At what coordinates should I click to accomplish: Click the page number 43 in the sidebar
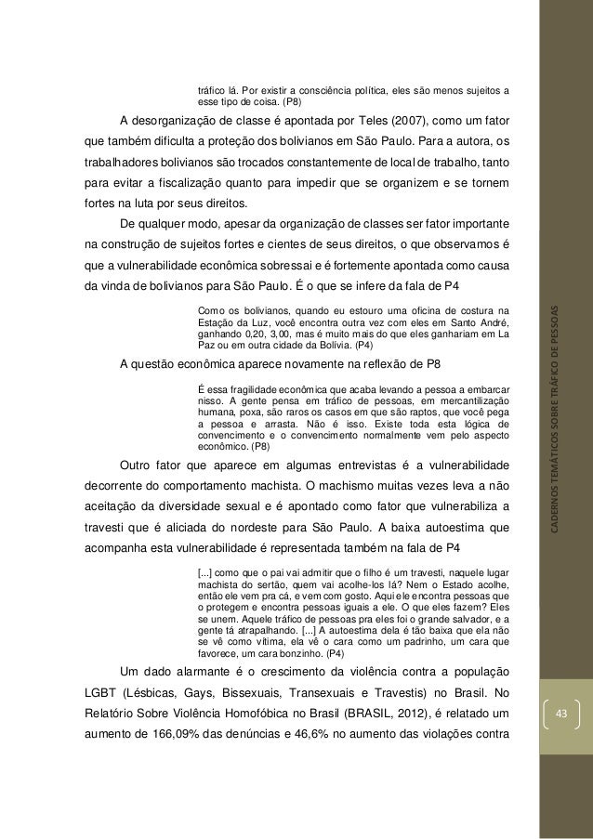point(560,713)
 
